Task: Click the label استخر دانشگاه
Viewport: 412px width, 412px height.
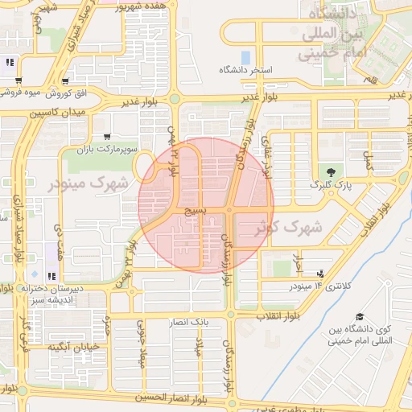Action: [246, 71]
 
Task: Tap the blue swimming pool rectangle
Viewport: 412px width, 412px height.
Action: [245, 58]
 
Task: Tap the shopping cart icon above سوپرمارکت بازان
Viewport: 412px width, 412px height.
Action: [108, 137]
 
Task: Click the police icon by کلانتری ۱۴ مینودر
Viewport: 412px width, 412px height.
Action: [321, 274]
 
